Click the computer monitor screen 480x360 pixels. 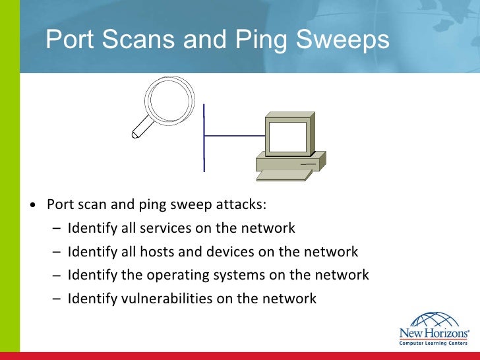(286, 137)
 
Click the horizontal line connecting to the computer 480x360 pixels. (233, 135)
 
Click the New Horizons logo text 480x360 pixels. (433, 334)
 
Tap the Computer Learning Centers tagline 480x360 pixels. (433, 344)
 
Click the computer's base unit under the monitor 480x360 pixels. (290, 161)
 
